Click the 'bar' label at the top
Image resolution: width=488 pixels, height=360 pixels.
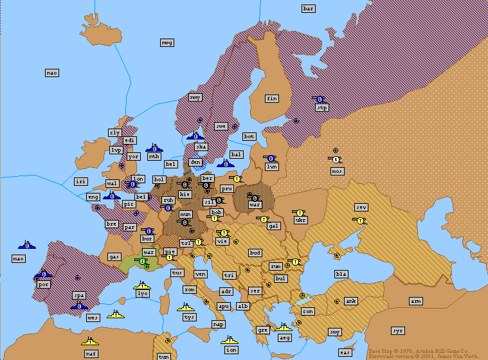(309, 8)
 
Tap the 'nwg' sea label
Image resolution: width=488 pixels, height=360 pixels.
(167, 42)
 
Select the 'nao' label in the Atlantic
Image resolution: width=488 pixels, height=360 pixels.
(52, 73)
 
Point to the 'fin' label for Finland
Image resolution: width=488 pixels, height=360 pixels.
(272, 98)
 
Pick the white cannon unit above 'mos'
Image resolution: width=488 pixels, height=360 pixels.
(336, 159)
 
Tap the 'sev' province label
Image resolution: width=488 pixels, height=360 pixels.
(361, 207)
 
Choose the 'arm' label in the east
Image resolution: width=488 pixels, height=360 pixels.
(416, 301)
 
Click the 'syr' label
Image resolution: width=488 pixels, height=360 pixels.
(398, 330)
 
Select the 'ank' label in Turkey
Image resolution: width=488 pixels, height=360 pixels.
(351, 301)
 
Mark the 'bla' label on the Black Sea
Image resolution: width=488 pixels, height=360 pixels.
(341, 274)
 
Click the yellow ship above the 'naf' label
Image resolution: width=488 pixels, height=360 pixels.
(90, 341)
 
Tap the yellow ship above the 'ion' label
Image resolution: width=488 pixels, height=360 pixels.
(230, 339)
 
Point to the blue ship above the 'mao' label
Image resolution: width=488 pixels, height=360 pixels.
(27, 244)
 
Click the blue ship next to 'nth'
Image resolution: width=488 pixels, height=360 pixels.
(154, 148)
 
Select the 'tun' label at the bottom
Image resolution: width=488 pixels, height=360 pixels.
(164, 356)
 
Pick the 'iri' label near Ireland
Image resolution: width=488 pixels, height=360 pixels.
(80, 182)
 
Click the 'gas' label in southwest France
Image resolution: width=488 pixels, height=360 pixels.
(114, 256)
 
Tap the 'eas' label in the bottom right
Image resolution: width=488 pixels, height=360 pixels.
(345, 352)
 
